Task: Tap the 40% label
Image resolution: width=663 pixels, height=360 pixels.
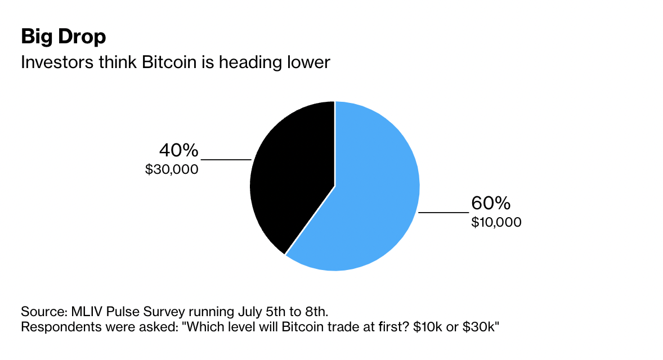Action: tap(179, 151)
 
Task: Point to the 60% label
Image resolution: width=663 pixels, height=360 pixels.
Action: tap(491, 203)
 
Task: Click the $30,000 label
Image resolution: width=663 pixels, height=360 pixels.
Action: tap(172, 169)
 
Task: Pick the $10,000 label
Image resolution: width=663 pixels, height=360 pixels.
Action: tap(496, 222)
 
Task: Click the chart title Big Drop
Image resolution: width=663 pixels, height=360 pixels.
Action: tap(63, 37)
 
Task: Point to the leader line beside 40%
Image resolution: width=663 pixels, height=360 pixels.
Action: tap(226, 160)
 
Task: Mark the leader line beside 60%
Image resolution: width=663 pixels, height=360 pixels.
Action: tap(444, 213)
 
